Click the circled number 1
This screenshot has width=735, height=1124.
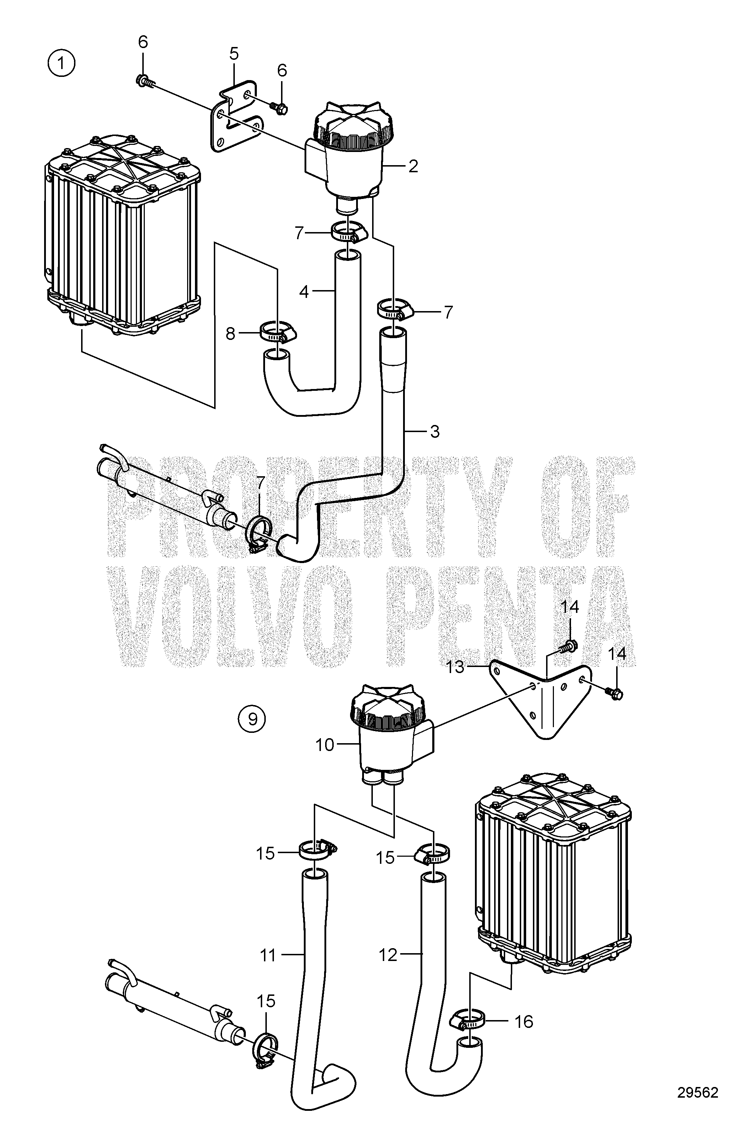[x=61, y=64]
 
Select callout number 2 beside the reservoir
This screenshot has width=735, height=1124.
[x=413, y=166]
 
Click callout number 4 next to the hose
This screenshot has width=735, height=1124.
[x=304, y=292]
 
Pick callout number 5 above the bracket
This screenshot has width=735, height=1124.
[x=234, y=54]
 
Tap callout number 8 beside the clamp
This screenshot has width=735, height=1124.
[x=231, y=334]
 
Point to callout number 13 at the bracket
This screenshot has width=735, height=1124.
[x=455, y=668]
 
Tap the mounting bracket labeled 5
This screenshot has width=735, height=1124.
[x=234, y=116]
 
